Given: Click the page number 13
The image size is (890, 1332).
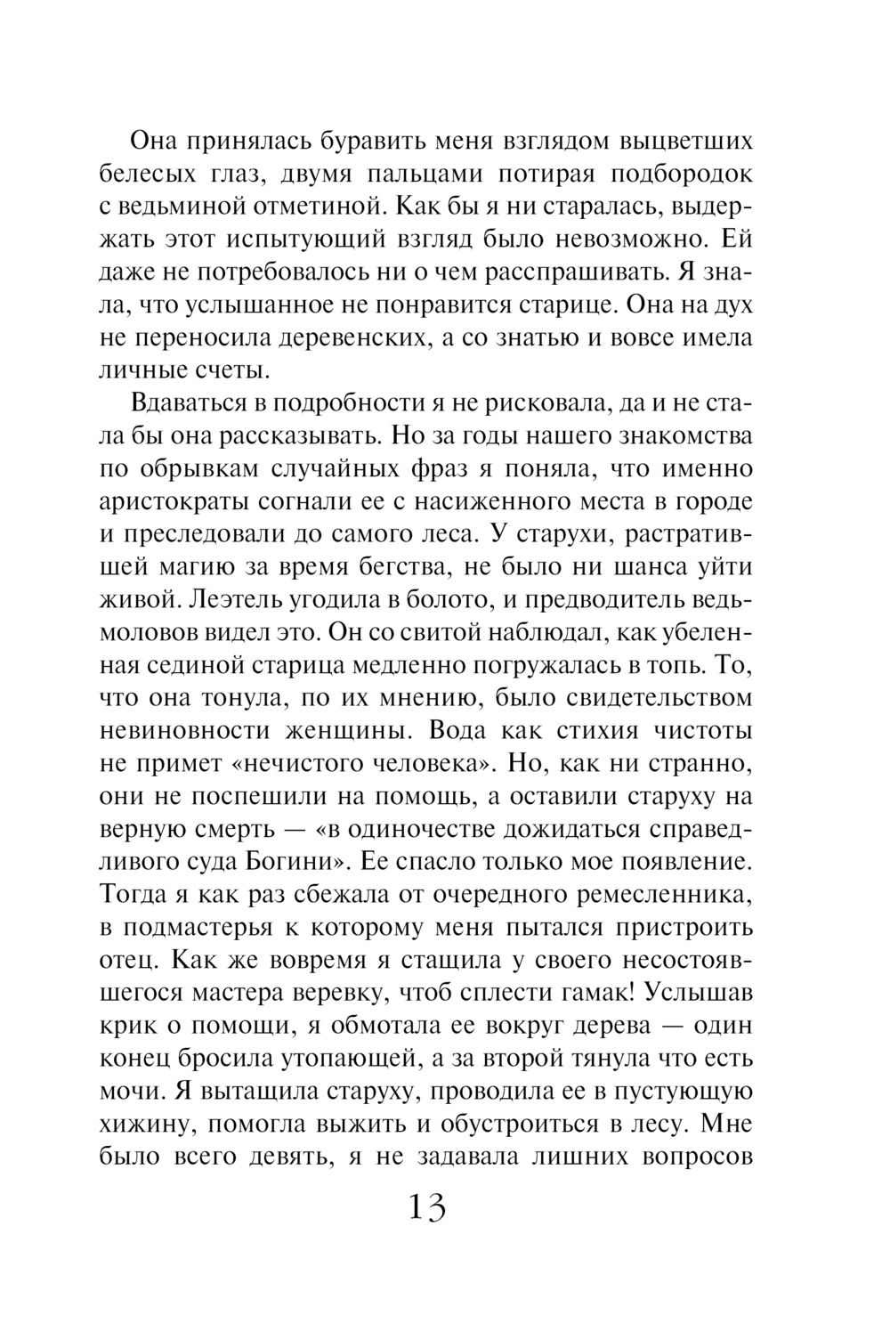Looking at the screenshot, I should point(426,1207).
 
